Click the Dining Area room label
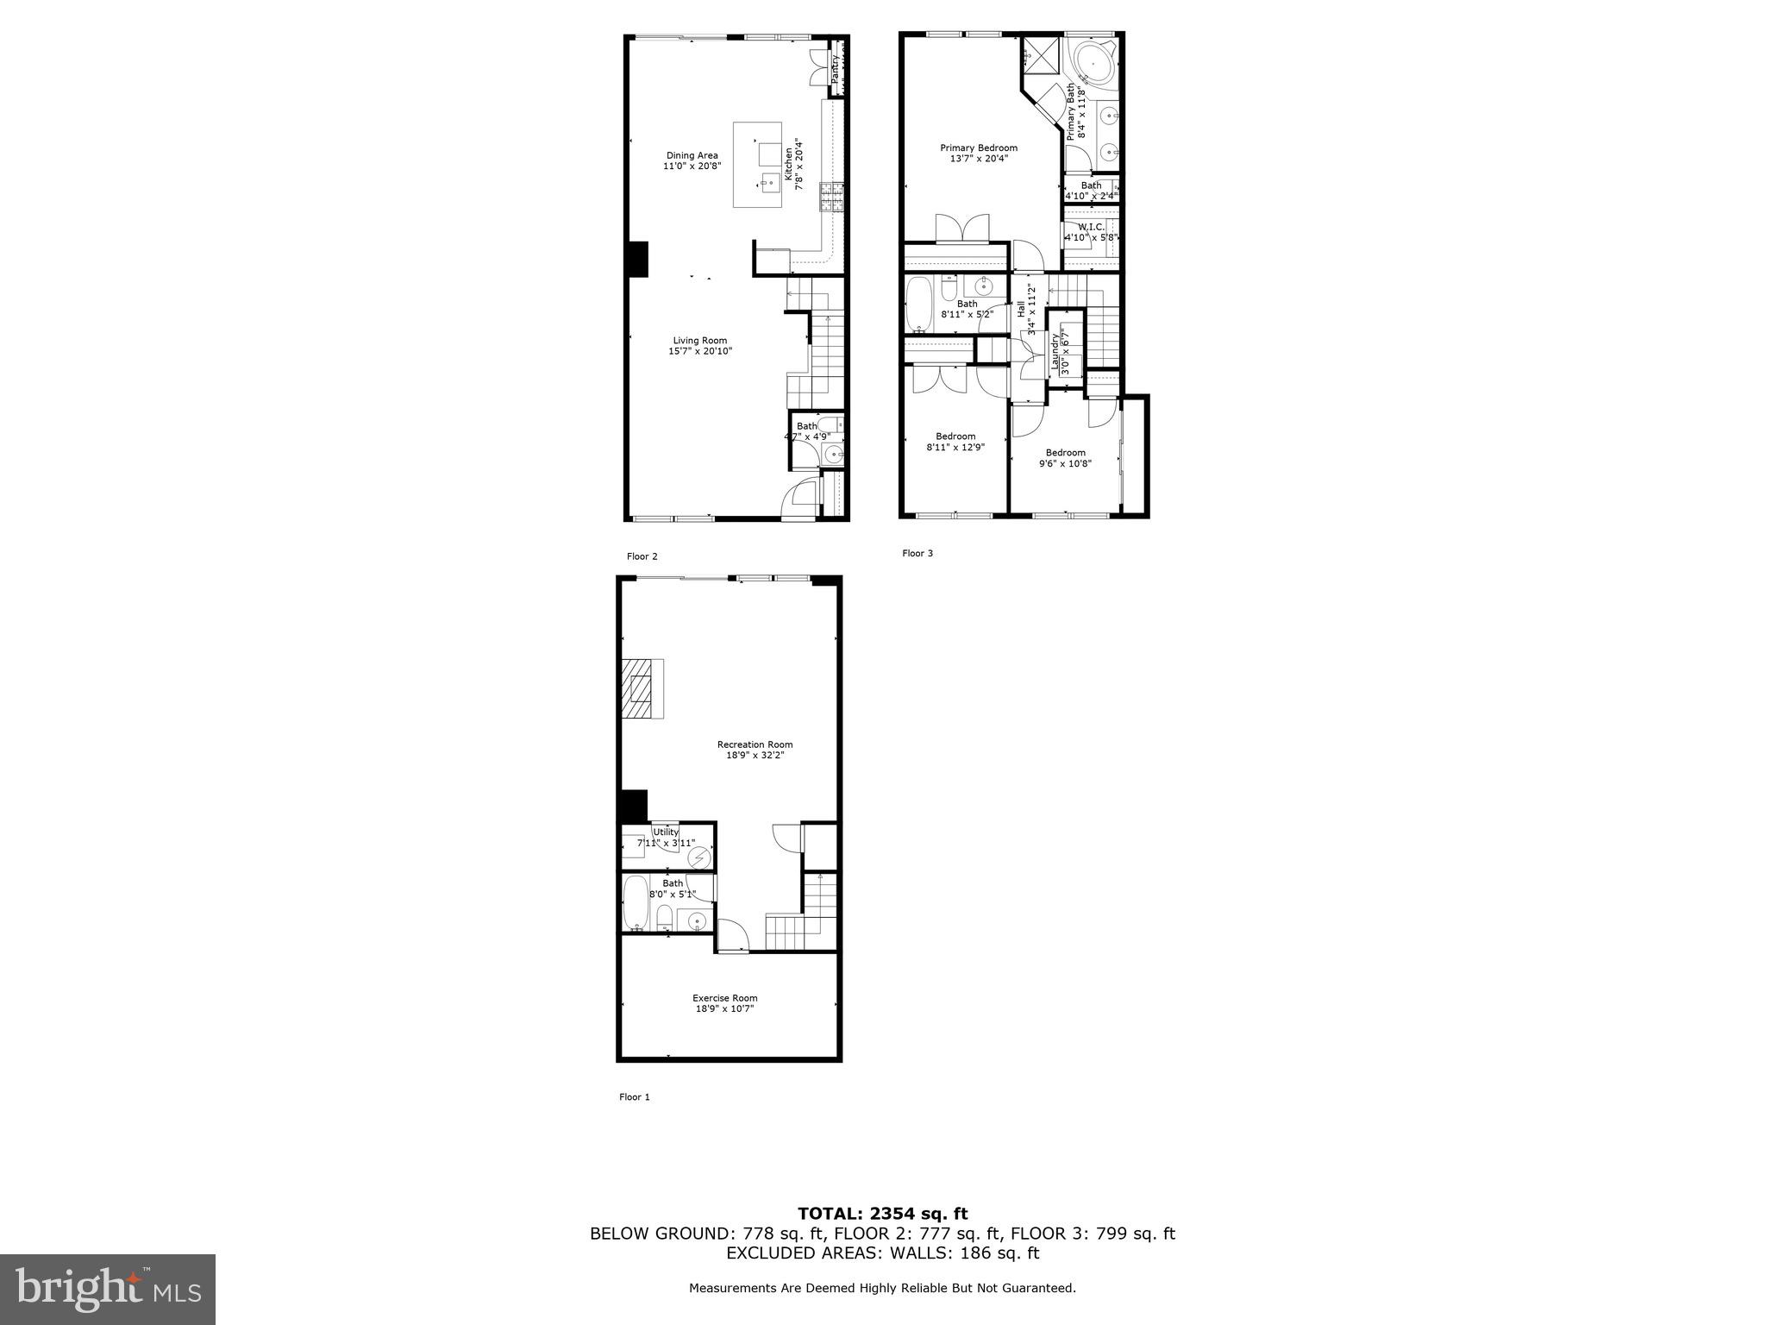(x=692, y=156)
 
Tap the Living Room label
(x=699, y=341)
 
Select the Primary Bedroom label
(x=978, y=148)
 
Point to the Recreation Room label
(x=755, y=744)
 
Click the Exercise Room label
(x=724, y=998)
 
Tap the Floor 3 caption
(x=917, y=554)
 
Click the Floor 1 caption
(x=634, y=1097)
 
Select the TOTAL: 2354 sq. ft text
(x=882, y=1215)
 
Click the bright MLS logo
(x=108, y=1289)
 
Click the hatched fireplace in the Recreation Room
(x=642, y=688)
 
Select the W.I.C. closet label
(x=1090, y=227)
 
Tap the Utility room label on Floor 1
(x=665, y=832)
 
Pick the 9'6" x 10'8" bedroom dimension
(x=1065, y=463)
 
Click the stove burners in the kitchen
(x=831, y=198)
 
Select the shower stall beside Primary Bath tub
(x=1039, y=58)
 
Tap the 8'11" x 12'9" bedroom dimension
(x=955, y=447)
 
